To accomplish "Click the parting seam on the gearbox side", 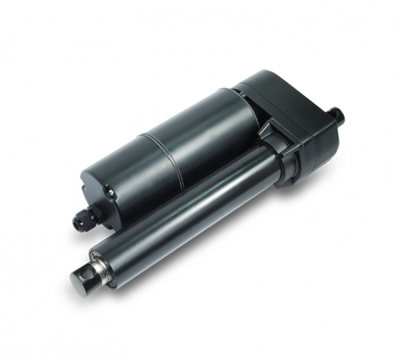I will tap(313, 140).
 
